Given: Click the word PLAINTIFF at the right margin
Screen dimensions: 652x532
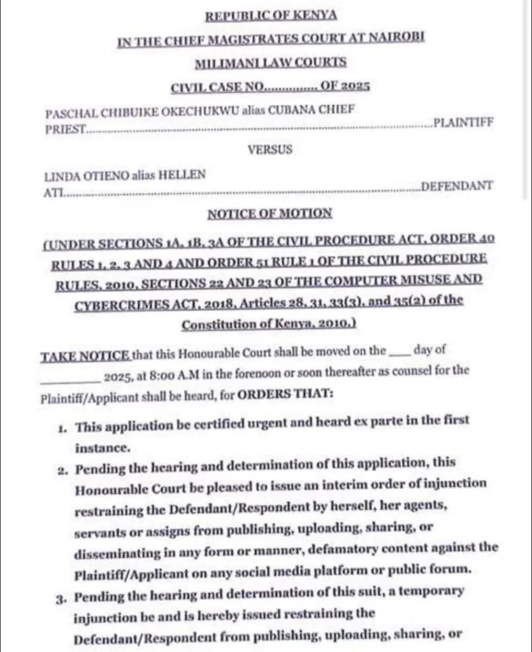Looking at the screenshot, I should [x=463, y=123].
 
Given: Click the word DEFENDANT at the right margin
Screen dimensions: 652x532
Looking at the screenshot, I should [x=457, y=186].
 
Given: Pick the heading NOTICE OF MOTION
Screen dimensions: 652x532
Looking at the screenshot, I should [x=270, y=213].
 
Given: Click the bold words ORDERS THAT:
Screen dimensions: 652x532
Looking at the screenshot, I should [x=285, y=394].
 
